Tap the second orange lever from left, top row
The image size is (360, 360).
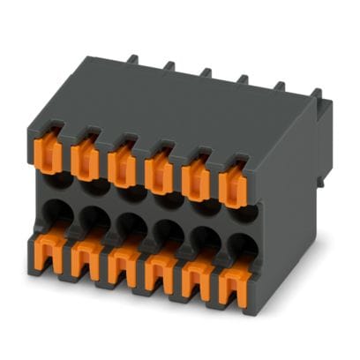click(86, 157)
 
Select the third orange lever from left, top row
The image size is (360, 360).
click(122, 162)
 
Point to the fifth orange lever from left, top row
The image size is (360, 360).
click(195, 176)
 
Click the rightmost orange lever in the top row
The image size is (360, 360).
click(233, 184)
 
